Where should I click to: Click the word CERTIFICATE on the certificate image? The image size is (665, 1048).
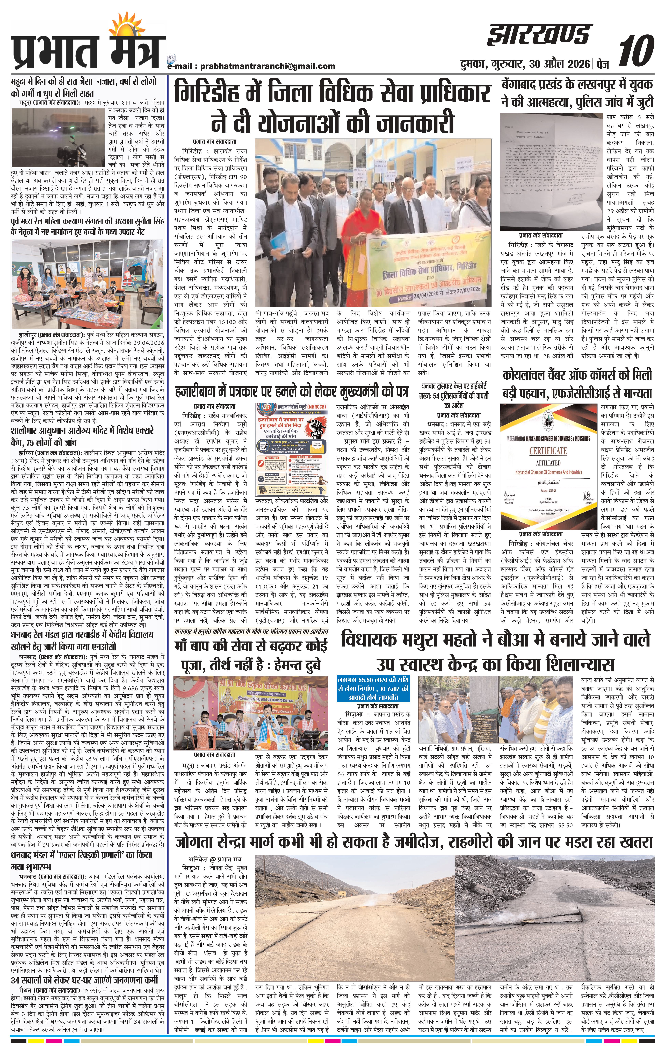point(547,450)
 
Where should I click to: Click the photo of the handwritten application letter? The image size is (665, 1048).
point(551,172)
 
